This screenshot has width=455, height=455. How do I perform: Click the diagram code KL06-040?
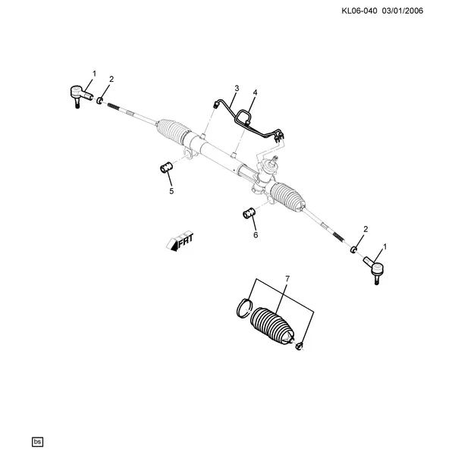(x=359, y=11)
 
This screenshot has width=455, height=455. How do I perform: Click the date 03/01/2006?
(x=403, y=11)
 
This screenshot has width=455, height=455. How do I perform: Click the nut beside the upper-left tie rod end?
(x=99, y=101)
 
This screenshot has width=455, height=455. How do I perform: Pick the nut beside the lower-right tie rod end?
(x=353, y=249)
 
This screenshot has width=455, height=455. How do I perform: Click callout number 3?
(x=237, y=88)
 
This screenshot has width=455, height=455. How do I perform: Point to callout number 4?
(x=255, y=93)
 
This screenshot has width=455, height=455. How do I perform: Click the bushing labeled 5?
(x=167, y=168)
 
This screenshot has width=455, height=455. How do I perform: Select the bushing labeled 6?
(x=249, y=213)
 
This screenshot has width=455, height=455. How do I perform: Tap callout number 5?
(x=171, y=191)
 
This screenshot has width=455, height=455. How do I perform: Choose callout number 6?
(x=256, y=235)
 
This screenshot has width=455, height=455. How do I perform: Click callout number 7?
(x=287, y=279)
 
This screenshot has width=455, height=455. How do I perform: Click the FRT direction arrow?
(x=180, y=241)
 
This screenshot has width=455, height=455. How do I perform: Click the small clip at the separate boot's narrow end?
(x=300, y=346)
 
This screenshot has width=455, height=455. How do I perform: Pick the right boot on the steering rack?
(x=287, y=197)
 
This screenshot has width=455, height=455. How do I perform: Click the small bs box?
(x=37, y=441)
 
